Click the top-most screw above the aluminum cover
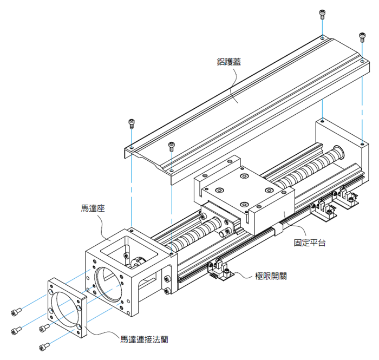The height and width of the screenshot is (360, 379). coord(323,14)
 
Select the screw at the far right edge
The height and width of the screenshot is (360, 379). coord(362,38)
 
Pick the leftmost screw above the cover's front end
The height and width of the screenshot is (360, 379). coord(132,123)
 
